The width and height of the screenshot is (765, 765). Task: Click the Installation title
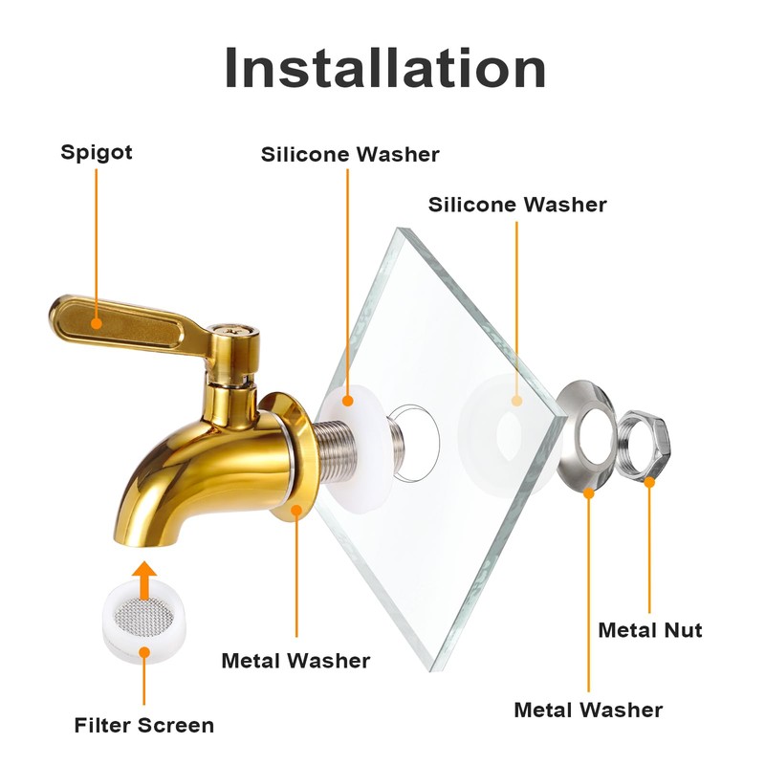point(385,67)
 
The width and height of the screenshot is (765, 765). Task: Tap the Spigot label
point(97,152)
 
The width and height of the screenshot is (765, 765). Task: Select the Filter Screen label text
point(144,725)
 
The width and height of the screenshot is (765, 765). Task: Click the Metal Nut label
point(650,630)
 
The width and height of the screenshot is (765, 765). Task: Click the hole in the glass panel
point(416,443)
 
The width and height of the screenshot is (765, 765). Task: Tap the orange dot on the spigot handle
point(97,323)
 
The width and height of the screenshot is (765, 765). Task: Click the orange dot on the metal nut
point(649,482)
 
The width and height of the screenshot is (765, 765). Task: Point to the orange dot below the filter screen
point(144,652)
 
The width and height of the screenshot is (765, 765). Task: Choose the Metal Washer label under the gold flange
point(295,661)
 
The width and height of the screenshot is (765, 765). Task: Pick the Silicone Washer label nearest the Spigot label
point(350,154)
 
